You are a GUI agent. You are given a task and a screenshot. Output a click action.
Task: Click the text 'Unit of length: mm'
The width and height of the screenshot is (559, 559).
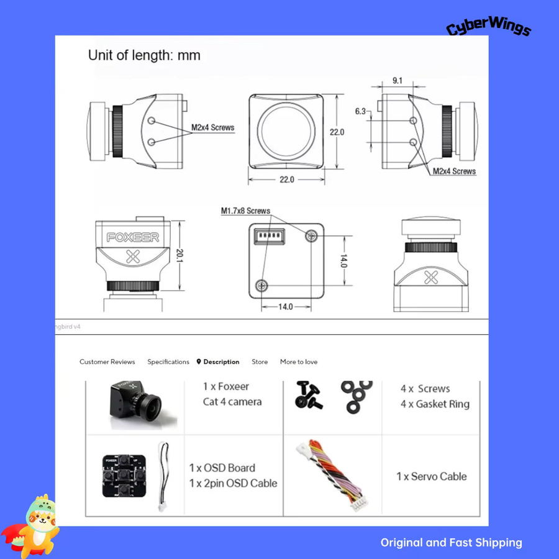point(144,55)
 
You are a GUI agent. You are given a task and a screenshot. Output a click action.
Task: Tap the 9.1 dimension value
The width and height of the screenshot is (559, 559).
point(398,81)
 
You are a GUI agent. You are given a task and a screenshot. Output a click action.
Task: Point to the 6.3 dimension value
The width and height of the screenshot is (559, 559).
point(360,111)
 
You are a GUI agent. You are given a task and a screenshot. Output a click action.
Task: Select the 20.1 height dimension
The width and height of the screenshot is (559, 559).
point(180,256)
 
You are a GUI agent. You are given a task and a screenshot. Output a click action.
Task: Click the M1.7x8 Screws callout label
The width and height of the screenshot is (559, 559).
point(245,211)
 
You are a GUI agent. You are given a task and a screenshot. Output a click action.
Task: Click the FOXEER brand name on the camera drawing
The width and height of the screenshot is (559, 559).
point(133,237)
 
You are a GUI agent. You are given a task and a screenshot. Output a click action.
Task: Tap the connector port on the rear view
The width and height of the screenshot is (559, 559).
point(269,236)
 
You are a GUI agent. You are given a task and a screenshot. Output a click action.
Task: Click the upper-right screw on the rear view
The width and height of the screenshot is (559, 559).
point(312,235)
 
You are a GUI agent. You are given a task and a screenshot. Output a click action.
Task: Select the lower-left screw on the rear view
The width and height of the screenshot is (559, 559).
point(261,285)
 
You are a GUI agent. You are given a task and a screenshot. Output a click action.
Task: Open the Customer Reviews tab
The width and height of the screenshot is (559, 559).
point(107,362)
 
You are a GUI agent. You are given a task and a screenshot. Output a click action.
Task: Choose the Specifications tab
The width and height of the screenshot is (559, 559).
point(168,362)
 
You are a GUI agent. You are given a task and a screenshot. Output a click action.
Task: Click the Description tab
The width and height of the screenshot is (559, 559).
point(218,362)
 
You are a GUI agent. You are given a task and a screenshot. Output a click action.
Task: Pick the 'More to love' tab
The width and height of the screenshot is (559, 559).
point(299,362)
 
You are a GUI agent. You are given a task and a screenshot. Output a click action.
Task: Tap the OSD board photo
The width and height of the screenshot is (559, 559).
point(124,476)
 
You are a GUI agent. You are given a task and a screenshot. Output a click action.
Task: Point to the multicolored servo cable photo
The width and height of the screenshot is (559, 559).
point(333,475)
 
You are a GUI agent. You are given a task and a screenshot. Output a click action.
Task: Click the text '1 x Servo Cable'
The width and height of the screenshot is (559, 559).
point(432,476)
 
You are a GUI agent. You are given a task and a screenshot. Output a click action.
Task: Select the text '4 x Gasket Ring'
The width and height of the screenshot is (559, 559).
point(435,404)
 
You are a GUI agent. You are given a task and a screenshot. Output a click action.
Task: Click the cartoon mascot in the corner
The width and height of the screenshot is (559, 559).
point(32,526)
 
